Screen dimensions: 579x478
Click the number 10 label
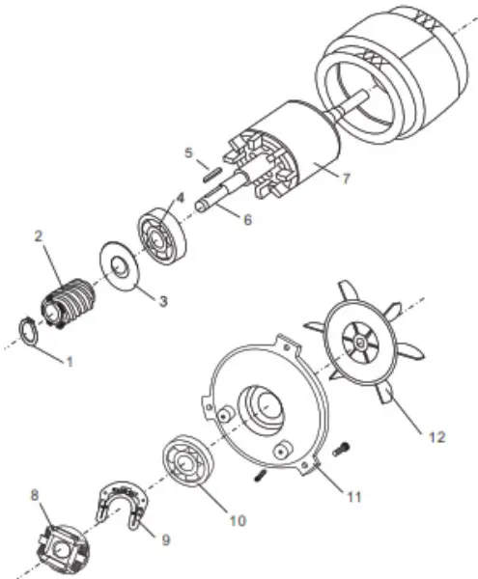[x=237, y=520]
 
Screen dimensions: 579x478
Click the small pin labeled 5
[x=215, y=175]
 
